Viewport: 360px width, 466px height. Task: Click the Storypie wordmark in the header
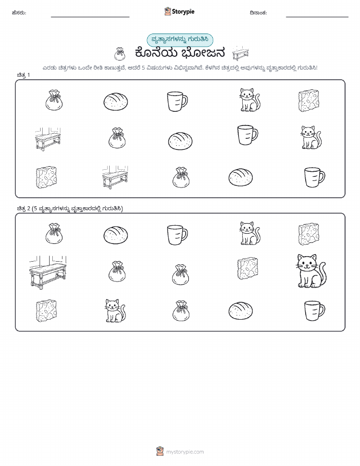(x=183, y=12)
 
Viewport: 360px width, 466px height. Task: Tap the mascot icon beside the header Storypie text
(x=168, y=11)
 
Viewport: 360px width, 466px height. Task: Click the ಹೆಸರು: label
(x=19, y=13)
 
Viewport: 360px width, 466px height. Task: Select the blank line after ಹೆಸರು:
(x=90, y=17)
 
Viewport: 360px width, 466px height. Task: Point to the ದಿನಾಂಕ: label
(x=258, y=13)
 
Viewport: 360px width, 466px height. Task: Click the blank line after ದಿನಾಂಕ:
(x=317, y=17)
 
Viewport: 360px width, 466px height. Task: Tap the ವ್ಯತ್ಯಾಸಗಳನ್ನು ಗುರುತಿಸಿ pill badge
(x=180, y=40)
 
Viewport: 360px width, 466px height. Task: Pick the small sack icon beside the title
(x=120, y=54)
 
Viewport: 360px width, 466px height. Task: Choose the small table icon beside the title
(x=240, y=53)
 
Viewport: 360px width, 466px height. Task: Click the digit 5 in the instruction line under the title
(x=143, y=68)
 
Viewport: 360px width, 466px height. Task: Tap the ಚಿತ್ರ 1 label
(x=23, y=75)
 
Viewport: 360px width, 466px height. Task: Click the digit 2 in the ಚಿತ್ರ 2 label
(x=28, y=209)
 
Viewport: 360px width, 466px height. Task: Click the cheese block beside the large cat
(x=247, y=269)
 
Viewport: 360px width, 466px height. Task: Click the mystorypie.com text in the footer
(x=185, y=452)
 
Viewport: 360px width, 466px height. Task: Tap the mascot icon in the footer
(x=160, y=451)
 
